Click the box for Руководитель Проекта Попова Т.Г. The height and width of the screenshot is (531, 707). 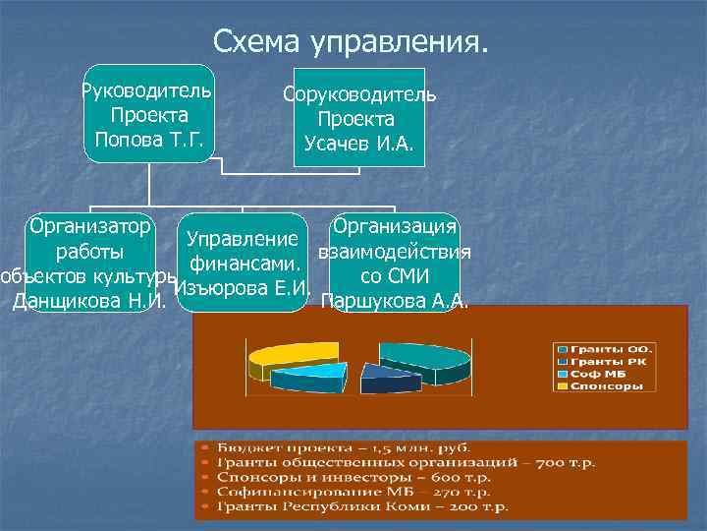(149, 114)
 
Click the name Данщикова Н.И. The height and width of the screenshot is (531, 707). (87, 300)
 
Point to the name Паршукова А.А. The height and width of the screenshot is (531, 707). (395, 300)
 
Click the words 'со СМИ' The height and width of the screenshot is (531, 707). (395, 276)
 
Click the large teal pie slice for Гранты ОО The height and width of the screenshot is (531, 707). (422, 359)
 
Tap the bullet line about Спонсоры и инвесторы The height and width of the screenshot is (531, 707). (362, 477)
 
